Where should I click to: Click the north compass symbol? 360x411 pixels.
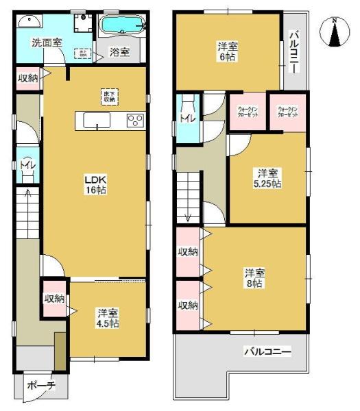pos(335,32)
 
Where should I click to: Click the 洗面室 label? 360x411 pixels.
pos(47,42)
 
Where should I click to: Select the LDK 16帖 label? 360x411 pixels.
pos(95,184)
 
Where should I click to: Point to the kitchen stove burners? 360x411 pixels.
pos(135,121)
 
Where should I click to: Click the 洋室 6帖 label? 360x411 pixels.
pos(228,52)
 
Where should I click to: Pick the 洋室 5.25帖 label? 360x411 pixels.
pos(268,178)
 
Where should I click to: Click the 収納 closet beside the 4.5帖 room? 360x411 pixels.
pos(55,299)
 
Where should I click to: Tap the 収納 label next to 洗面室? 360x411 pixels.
pos(28,77)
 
